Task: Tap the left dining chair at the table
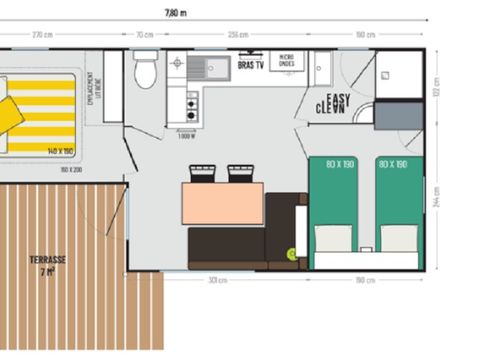[202, 174]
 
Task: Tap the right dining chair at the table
[240, 174]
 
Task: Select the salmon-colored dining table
[222, 204]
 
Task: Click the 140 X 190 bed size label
[60, 150]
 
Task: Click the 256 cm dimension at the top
[237, 34]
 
